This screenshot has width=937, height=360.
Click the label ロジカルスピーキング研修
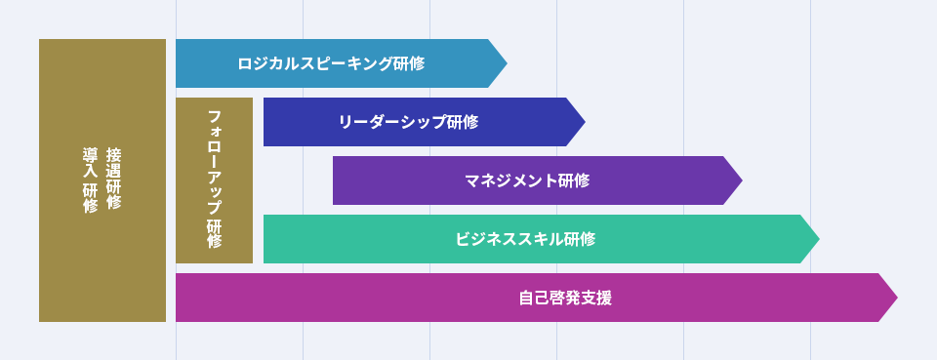[x=331, y=63]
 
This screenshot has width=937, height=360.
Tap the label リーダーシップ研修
[x=408, y=122]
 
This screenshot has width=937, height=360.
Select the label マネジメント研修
[x=528, y=180]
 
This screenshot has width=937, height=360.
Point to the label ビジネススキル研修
[x=525, y=239]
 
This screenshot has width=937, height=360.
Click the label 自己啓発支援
[x=565, y=298]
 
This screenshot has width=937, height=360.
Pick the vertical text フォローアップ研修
[x=215, y=179]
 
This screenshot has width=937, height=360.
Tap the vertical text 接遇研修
[x=113, y=179]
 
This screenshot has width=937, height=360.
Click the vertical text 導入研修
[x=90, y=180]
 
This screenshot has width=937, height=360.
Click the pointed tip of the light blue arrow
[x=507, y=63]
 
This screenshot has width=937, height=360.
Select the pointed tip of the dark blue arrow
[x=585, y=122]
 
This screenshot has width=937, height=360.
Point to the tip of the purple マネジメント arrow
[x=742, y=180]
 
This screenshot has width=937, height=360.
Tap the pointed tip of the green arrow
[x=819, y=239]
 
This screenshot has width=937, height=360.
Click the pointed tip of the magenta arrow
[x=898, y=298]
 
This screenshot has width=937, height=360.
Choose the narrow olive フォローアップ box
[x=214, y=180]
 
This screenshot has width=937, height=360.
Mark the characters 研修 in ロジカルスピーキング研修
[x=409, y=63]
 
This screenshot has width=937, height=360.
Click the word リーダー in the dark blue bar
[x=370, y=122]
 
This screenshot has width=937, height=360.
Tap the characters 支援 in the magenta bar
[x=596, y=298]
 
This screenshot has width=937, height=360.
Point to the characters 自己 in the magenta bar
[x=534, y=298]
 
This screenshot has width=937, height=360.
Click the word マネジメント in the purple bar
[x=512, y=180]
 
